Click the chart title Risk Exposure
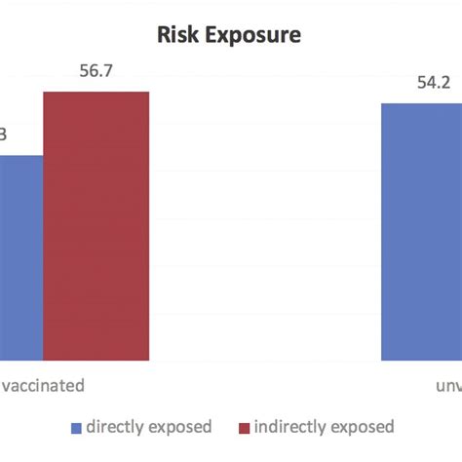231,35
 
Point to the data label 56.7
96,71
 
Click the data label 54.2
434,83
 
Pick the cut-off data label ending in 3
4,135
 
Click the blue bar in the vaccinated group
20,258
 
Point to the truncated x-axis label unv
446,384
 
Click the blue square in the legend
76,428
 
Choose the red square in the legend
244,428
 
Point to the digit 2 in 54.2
449,83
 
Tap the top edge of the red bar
96,93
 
